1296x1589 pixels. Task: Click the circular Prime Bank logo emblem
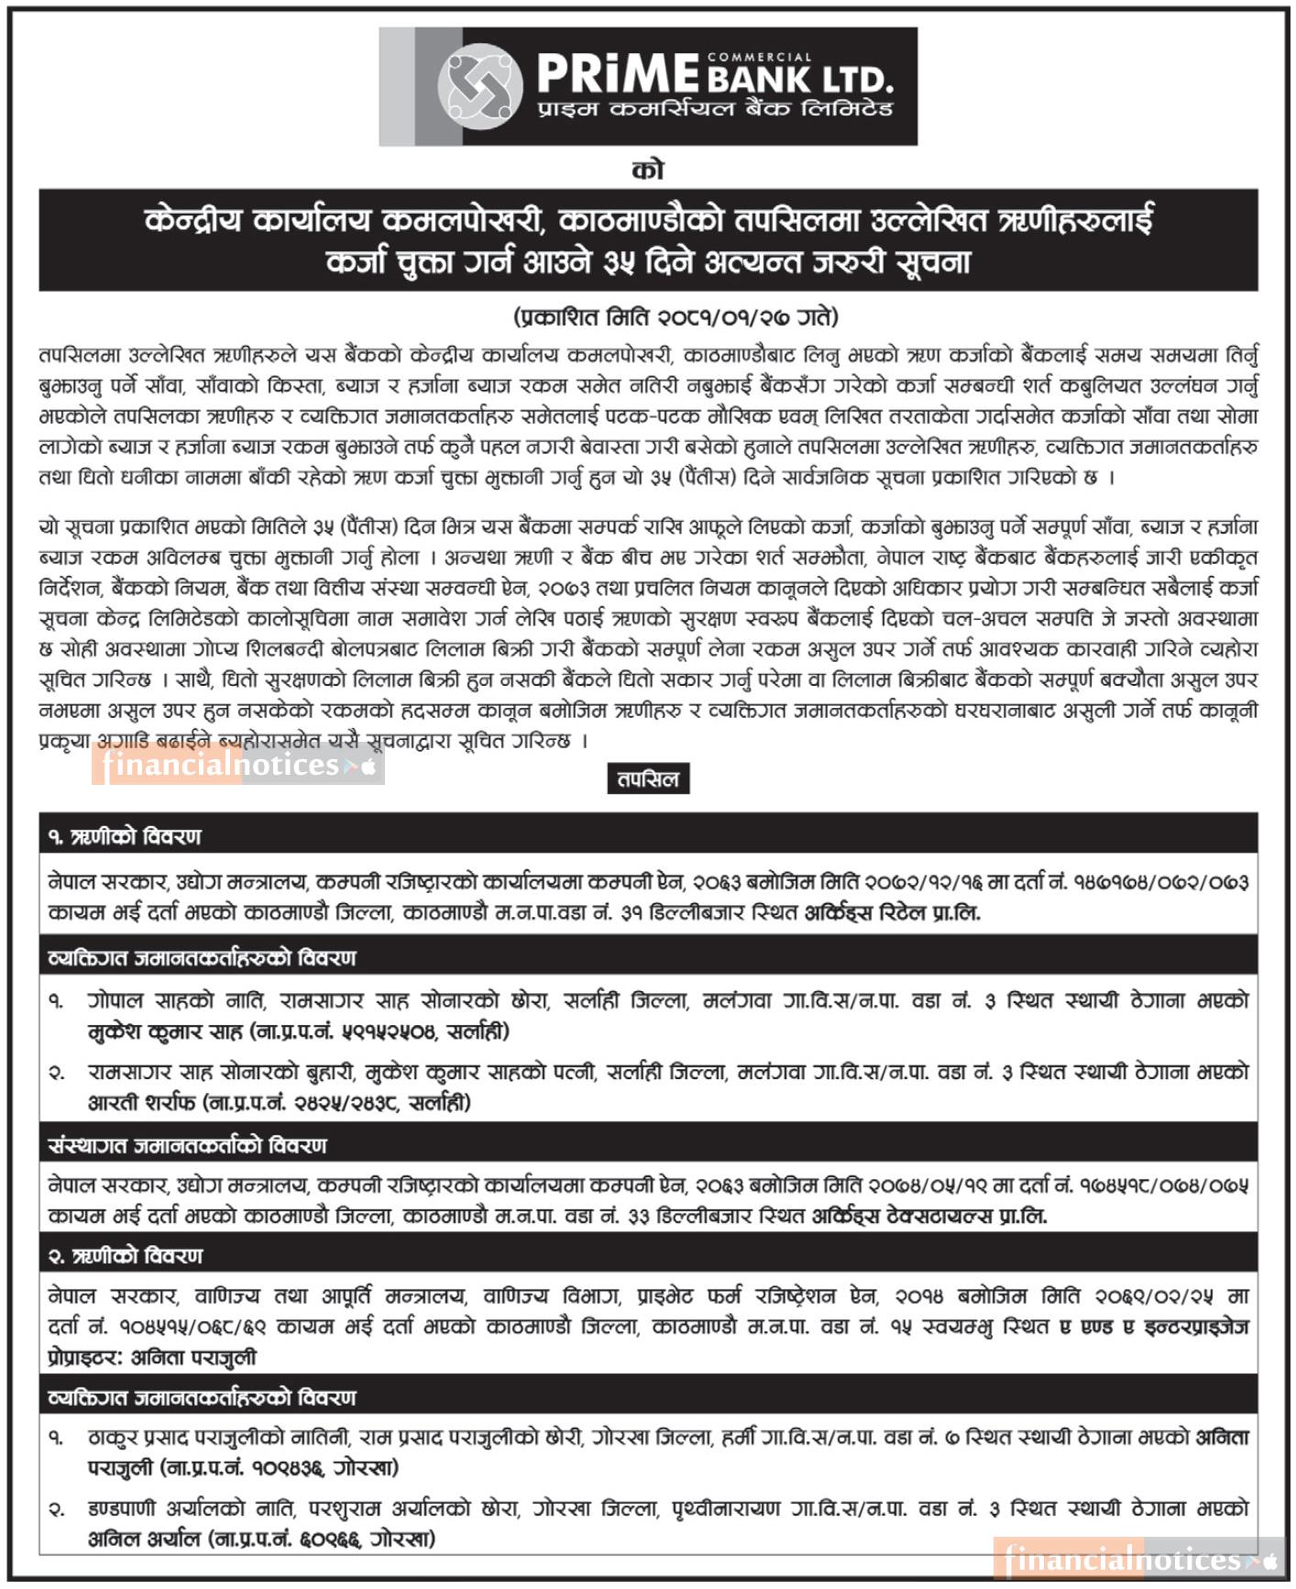479,85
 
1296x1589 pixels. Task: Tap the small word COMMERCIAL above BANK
759,57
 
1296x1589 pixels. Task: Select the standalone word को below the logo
648,170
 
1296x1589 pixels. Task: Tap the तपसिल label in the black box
648,779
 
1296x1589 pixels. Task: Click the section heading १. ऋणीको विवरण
125,836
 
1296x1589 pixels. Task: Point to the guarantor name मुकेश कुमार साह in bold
166,1032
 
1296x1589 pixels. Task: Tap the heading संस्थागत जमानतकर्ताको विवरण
187,1145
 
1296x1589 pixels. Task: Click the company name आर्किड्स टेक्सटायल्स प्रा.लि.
929,1217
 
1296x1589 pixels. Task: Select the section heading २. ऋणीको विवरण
125,1255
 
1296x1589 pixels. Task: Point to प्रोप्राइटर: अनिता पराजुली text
152,1358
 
